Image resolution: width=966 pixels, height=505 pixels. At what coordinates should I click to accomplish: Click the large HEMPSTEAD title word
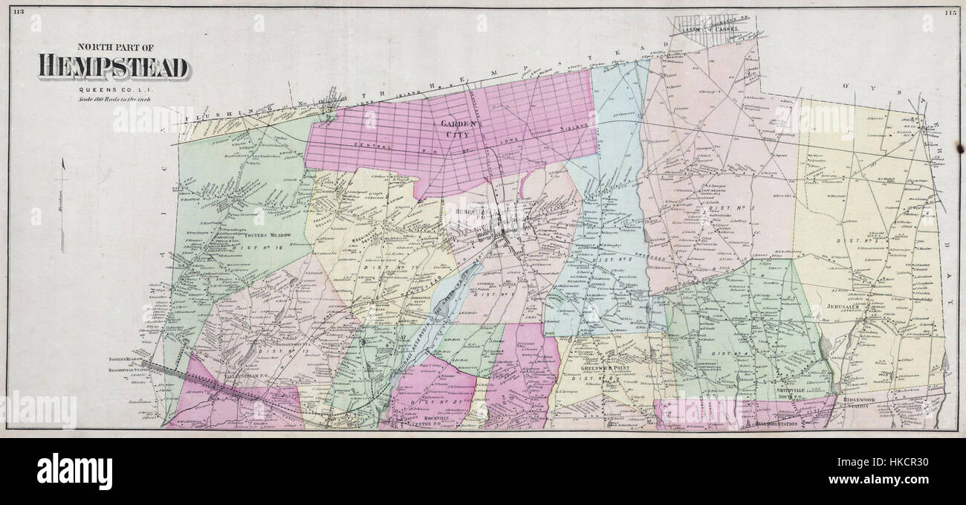pos(113,68)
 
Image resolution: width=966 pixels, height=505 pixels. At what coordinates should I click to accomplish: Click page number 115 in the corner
pos(950,11)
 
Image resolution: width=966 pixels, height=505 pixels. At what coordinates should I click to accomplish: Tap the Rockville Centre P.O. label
pos(428,422)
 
